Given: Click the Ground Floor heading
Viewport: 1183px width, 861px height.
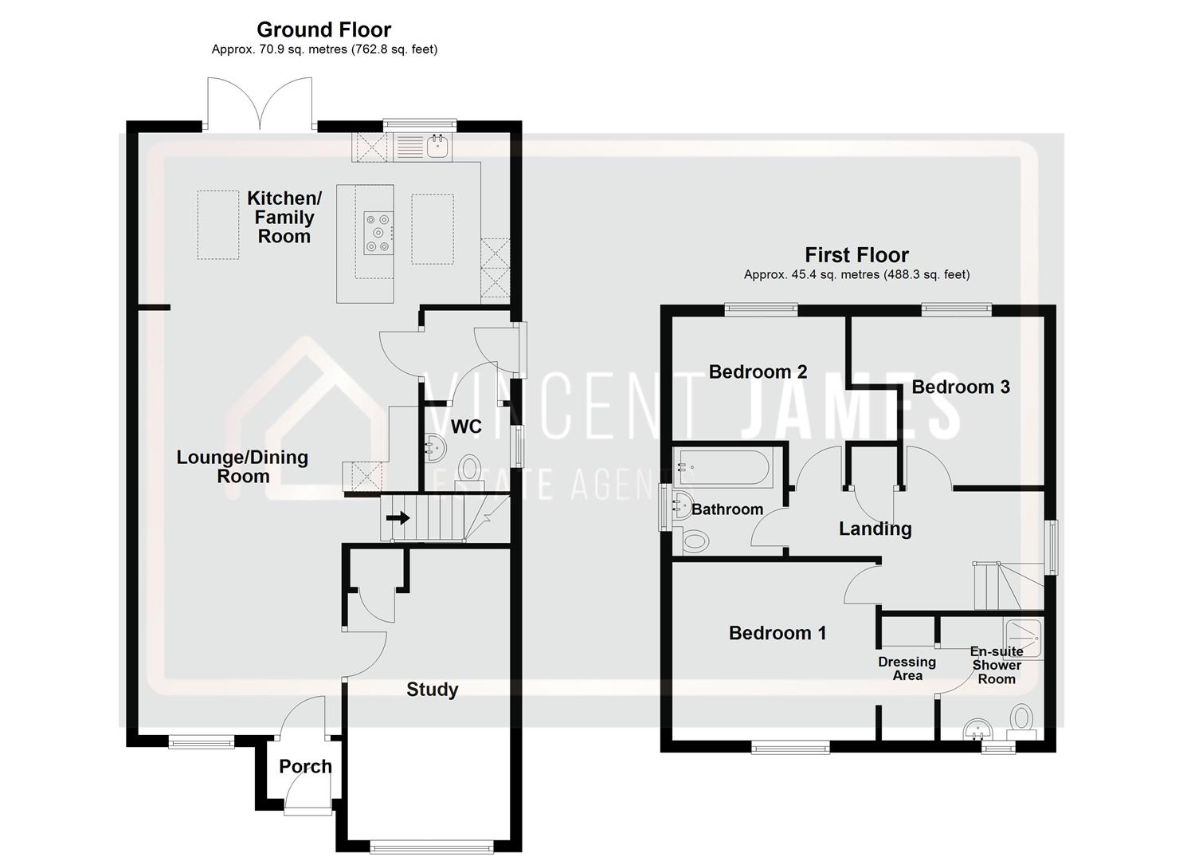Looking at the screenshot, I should click(x=323, y=29).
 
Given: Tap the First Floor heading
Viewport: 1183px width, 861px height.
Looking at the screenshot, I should click(x=856, y=255).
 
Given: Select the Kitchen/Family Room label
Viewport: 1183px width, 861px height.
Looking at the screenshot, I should click(x=284, y=217).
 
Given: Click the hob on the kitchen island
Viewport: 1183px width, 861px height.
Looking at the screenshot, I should click(x=378, y=233).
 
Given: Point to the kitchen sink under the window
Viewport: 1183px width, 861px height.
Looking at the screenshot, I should click(x=437, y=147).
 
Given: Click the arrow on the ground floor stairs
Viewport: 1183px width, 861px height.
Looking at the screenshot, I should click(x=398, y=518).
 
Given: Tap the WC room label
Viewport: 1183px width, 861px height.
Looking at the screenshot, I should click(x=466, y=427).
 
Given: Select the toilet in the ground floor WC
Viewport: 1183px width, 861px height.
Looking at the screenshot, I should click(x=470, y=469).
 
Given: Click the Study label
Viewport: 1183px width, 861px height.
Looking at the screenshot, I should click(x=432, y=690).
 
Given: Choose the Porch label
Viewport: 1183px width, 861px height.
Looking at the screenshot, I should click(x=305, y=766).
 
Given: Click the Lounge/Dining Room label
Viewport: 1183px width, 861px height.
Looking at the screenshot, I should click(x=242, y=466).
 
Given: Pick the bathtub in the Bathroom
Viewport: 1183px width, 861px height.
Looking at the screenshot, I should click(x=722, y=468).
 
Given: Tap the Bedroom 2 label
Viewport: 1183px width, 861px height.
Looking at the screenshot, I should click(x=758, y=372).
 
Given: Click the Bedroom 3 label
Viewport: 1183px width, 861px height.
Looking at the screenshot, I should click(x=960, y=387).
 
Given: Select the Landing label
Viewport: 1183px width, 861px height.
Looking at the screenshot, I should click(x=875, y=529).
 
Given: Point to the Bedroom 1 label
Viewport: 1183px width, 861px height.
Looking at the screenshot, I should click(x=778, y=633).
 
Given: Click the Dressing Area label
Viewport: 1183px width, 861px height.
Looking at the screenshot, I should click(x=907, y=669).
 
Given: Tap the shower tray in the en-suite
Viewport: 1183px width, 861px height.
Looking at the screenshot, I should click(x=1022, y=638).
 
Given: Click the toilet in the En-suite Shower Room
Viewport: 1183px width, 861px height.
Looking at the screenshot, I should click(x=1020, y=719).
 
